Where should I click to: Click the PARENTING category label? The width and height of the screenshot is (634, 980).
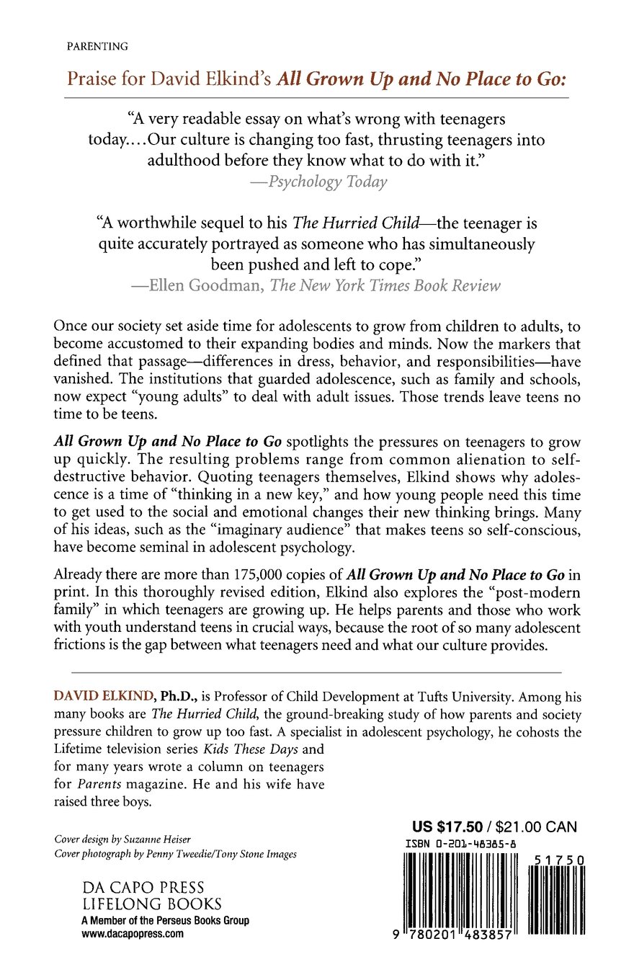[97, 46]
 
